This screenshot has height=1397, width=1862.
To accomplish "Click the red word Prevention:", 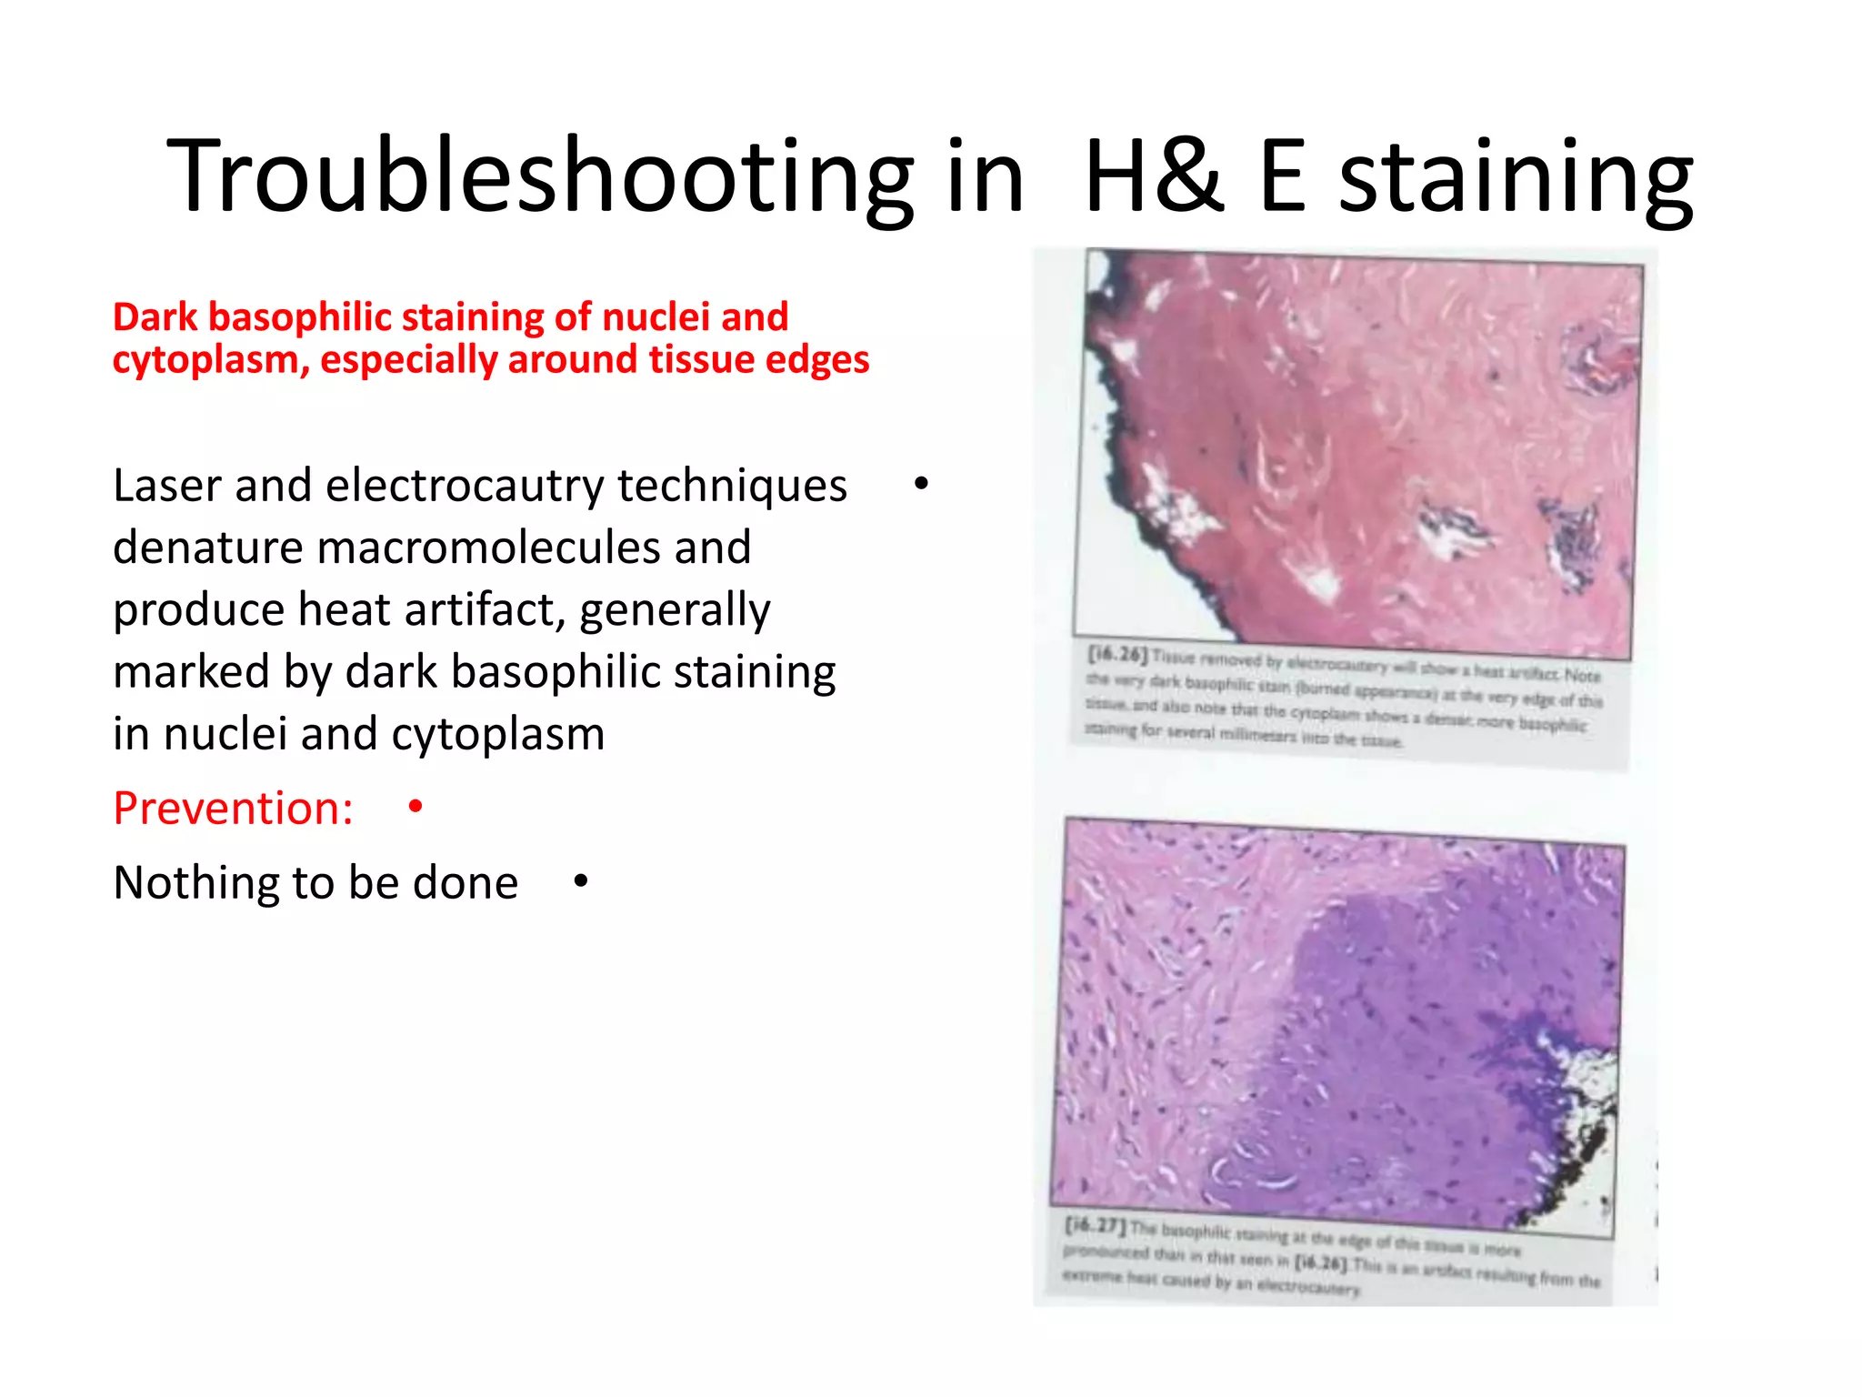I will tap(233, 808).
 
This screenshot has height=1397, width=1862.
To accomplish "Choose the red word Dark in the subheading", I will tap(155, 317).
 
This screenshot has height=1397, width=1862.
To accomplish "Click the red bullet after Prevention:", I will tap(415, 807).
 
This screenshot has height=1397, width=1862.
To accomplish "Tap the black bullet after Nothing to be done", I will tap(581, 880).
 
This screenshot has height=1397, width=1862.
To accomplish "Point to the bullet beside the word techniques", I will tap(921, 484).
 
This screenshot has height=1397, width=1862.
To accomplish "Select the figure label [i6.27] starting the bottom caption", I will tap(1095, 1225).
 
